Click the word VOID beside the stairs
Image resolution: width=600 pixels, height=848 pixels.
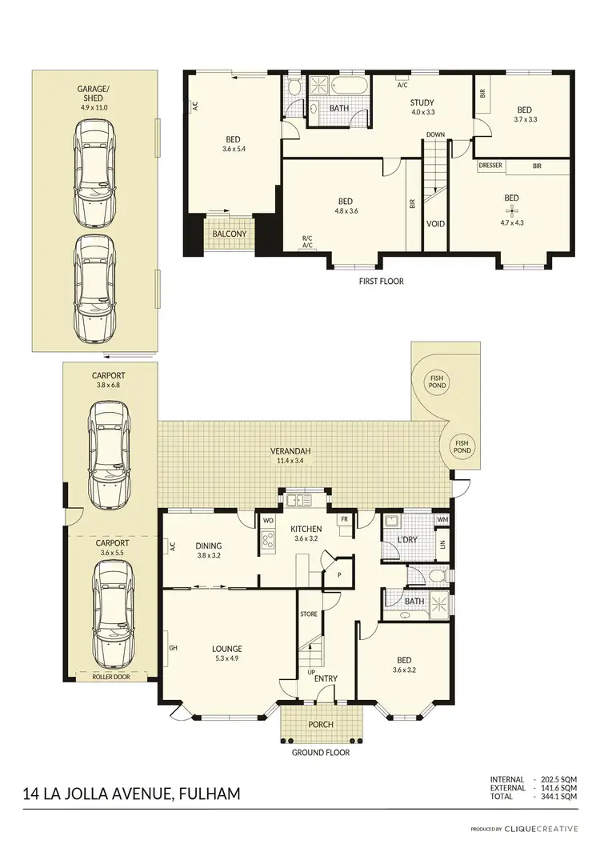(436, 224)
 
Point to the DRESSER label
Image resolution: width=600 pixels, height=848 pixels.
(490, 166)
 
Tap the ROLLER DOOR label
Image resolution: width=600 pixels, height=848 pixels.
(111, 677)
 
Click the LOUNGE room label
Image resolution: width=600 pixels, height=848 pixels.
(227, 648)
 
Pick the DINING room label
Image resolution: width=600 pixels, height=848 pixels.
(208, 546)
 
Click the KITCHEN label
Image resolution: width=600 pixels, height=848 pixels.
(306, 529)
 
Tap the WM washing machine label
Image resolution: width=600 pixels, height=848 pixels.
(442, 520)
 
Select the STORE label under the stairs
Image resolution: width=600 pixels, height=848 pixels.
(309, 614)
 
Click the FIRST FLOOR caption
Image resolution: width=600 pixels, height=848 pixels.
(381, 282)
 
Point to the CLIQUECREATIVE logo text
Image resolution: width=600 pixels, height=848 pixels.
(541, 829)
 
